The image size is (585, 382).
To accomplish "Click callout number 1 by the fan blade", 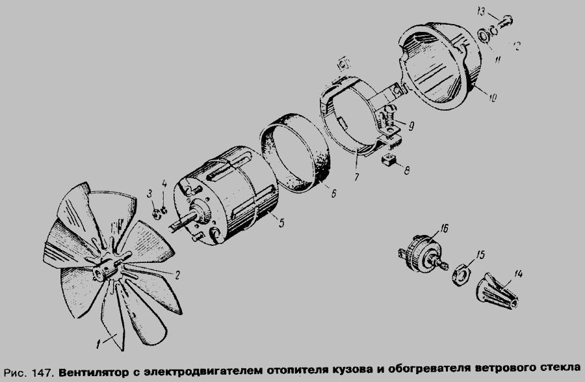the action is tap(98, 343).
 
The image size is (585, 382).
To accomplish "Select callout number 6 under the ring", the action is tap(333, 193).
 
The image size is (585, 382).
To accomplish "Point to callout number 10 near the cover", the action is tap(492, 98).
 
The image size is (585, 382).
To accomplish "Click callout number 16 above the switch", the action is tap(444, 228).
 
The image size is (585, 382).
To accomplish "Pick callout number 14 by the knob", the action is tap(517, 275).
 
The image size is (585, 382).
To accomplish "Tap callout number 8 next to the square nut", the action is tap(406, 171).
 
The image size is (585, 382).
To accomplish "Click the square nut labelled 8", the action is tap(389, 161).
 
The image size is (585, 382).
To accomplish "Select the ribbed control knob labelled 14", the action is tap(497, 292).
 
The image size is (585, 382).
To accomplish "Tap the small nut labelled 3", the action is tap(157, 214).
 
